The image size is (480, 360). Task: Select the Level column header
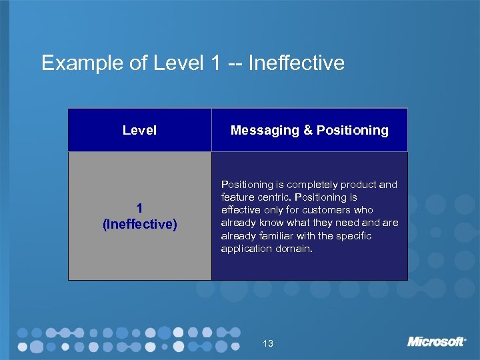[139, 131]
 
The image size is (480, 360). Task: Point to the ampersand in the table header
[308, 131]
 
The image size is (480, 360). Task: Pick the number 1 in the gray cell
[139, 209]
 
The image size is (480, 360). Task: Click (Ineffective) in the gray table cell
[139, 225]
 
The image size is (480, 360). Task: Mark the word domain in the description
[294, 249]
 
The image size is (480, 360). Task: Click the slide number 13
[268, 343]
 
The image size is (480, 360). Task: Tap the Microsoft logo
[437, 341]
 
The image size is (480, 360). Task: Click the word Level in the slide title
[176, 63]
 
